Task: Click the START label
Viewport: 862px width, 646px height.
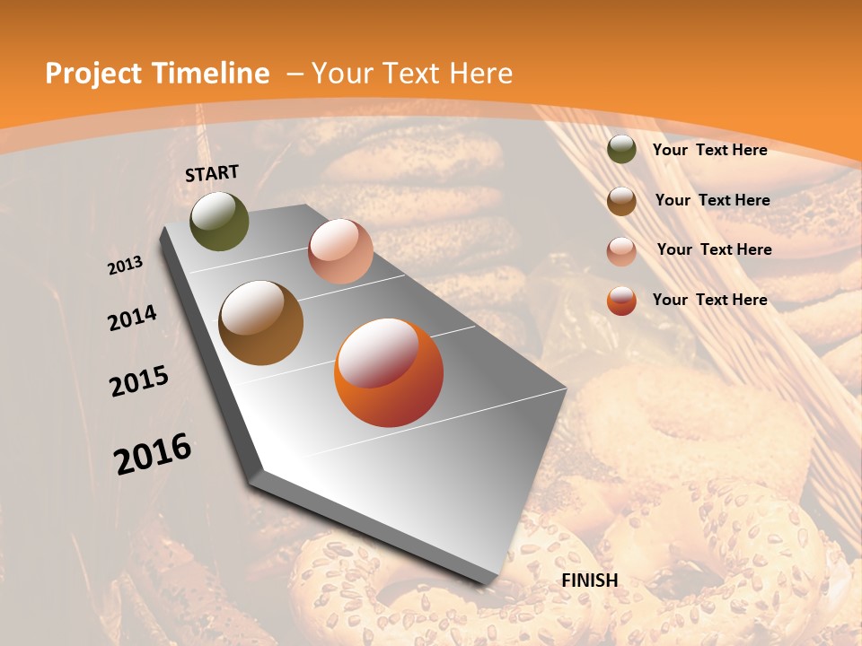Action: (x=212, y=173)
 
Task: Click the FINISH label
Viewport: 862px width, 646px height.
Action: (x=590, y=581)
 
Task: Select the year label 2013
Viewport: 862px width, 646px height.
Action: (x=126, y=266)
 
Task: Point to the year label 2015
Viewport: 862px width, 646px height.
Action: (x=139, y=381)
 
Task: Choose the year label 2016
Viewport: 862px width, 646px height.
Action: (x=153, y=454)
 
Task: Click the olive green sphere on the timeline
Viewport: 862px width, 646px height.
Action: (x=219, y=222)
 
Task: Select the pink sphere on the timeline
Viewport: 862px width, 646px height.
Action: (x=340, y=251)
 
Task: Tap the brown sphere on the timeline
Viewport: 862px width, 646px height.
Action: (x=260, y=323)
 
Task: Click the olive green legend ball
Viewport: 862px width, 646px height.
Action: (x=621, y=150)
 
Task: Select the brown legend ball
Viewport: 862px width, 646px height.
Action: (x=621, y=201)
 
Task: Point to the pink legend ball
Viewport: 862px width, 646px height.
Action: (x=621, y=251)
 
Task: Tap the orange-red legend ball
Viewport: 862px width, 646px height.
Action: (x=621, y=301)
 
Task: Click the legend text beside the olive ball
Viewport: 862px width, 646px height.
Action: (x=709, y=151)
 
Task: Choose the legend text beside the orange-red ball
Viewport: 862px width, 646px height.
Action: (x=709, y=300)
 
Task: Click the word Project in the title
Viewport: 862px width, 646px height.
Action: (x=94, y=74)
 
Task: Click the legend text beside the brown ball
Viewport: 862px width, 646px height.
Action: (x=713, y=200)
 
